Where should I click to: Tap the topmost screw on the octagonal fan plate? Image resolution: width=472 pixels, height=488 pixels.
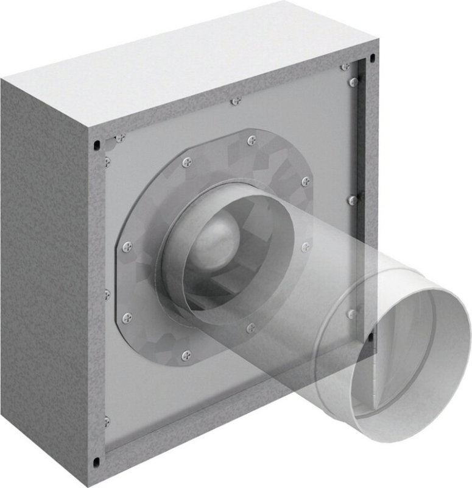click(252, 141)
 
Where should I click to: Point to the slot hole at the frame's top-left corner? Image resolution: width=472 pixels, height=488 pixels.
click(96, 145)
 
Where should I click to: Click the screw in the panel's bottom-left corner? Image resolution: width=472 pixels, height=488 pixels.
click(107, 421)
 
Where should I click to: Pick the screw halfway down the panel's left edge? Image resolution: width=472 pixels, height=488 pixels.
click(107, 294)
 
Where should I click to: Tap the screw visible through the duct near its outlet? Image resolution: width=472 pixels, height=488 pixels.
click(351, 314)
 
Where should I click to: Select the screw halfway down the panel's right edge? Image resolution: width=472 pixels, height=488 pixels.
click(352, 199)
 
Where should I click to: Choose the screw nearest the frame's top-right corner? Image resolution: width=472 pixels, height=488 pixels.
click(346, 66)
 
